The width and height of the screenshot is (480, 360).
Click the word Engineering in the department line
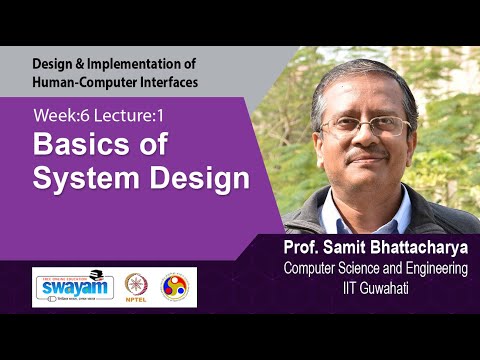pos(431,268)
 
